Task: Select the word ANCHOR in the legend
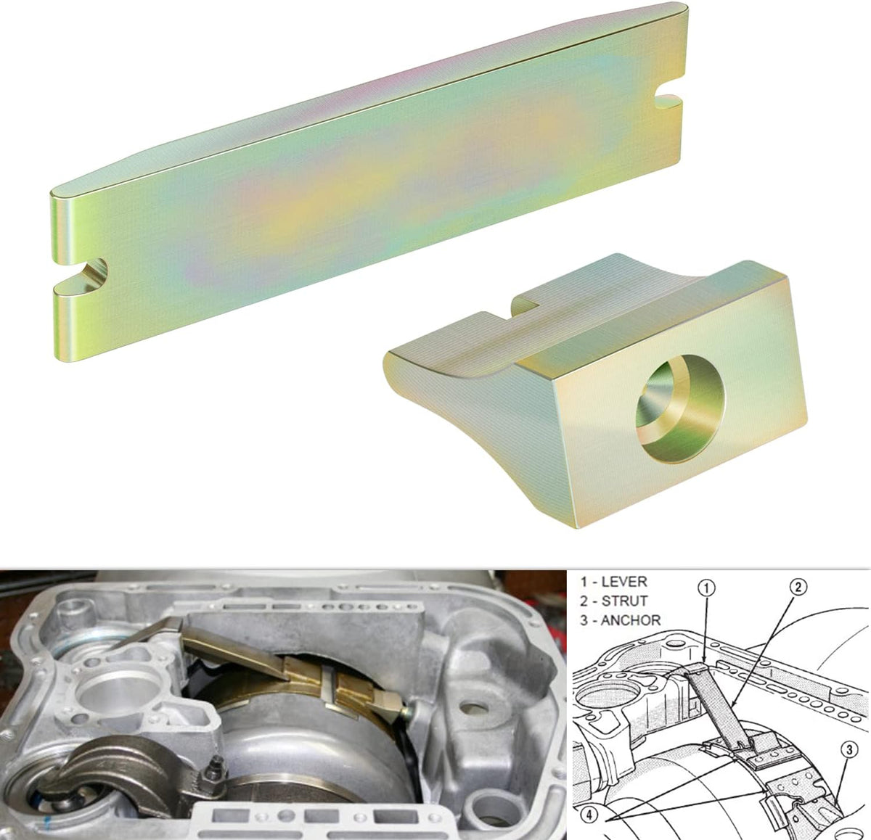pos(630,620)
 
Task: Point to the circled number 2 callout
pos(799,588)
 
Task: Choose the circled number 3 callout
pos(849,712)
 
